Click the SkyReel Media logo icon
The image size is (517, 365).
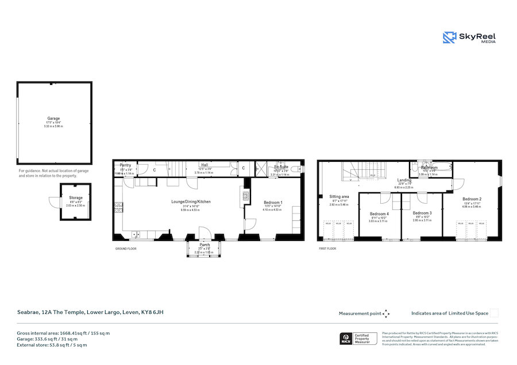point(449,37)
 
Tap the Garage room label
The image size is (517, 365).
point(53,119)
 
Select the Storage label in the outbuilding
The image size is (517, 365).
point(76,197)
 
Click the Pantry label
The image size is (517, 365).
point(125,165)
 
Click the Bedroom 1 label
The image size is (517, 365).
point(273,202)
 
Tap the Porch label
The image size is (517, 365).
point(204,244)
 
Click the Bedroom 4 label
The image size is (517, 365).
point(379,214)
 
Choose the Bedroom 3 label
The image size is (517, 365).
point(422,213)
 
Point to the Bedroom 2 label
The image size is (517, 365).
point(472,199)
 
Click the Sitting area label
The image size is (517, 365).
point(339,196)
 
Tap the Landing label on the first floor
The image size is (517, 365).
point(404,180)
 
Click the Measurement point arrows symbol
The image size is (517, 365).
point(386,313)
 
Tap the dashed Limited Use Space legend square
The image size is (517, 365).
point(494,313)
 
